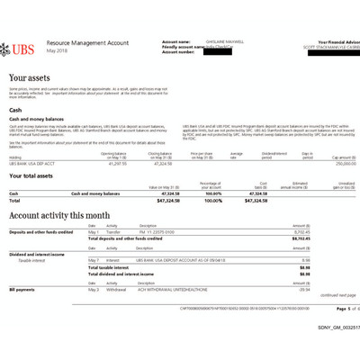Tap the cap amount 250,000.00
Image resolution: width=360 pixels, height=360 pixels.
[x=336, y=162]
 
